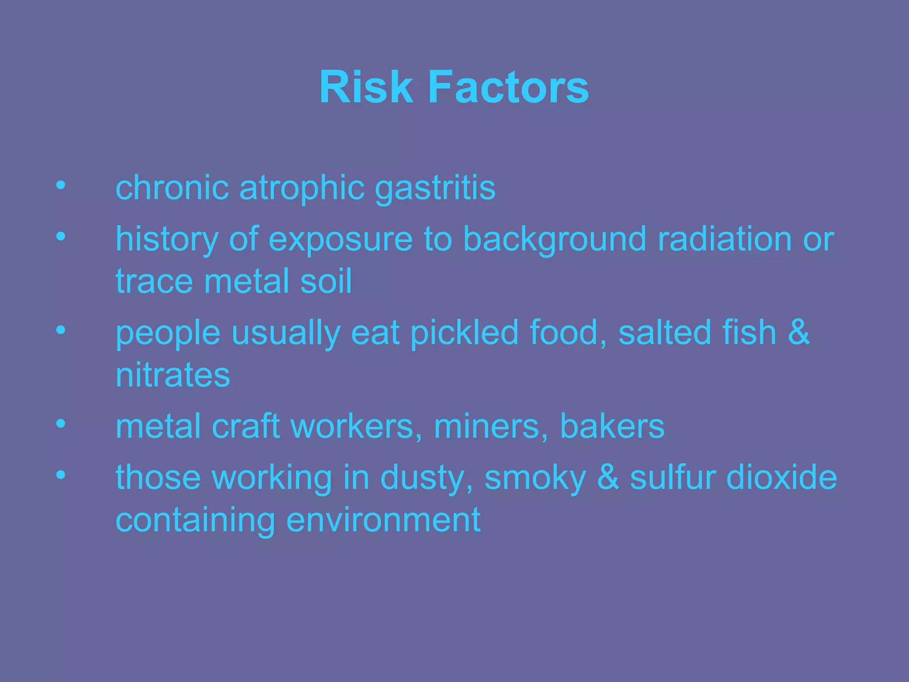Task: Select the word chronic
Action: (172, 187)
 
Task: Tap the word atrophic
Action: (302, 188)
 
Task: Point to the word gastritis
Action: (435, 188)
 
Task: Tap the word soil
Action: (326, 281)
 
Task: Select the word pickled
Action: (464, 333)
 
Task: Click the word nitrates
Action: (173, 375)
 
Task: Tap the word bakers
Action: (613, 426)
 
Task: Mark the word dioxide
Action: (781, 477)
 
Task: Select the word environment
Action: (383, 520)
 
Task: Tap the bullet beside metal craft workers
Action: (61, 424)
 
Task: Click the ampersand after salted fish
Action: (799, 332)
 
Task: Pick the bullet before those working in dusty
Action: (61, 475)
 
